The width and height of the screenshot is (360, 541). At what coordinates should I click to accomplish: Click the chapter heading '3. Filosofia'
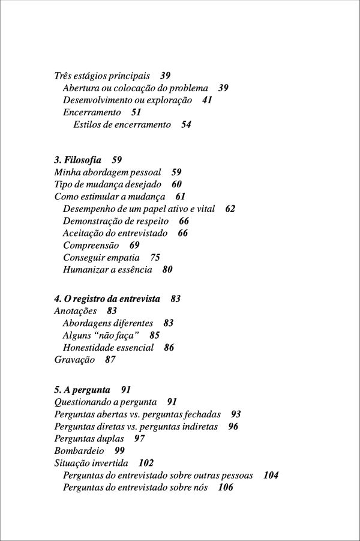click(78, 160)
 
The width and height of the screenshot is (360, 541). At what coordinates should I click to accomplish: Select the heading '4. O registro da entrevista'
click(107, 298)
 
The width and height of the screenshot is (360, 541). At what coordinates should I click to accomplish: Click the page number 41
click(207, 100)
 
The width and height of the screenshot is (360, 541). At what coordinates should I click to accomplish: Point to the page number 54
click(186, 125)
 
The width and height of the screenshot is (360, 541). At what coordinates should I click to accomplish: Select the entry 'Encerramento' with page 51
click(92, 112)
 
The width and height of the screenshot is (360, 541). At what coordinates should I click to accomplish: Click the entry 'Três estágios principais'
click(102, 76)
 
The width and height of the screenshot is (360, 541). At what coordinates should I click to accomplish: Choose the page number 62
click(230, 208)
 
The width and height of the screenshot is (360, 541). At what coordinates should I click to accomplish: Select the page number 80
click(167, 270)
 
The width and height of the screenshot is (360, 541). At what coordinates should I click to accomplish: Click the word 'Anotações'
click(76, 311)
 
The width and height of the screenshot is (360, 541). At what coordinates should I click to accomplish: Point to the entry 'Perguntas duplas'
click(89, 438)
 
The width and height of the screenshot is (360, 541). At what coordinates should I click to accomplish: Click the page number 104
click(271, 475)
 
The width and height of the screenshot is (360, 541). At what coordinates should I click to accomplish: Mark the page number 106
click(226, 487)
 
